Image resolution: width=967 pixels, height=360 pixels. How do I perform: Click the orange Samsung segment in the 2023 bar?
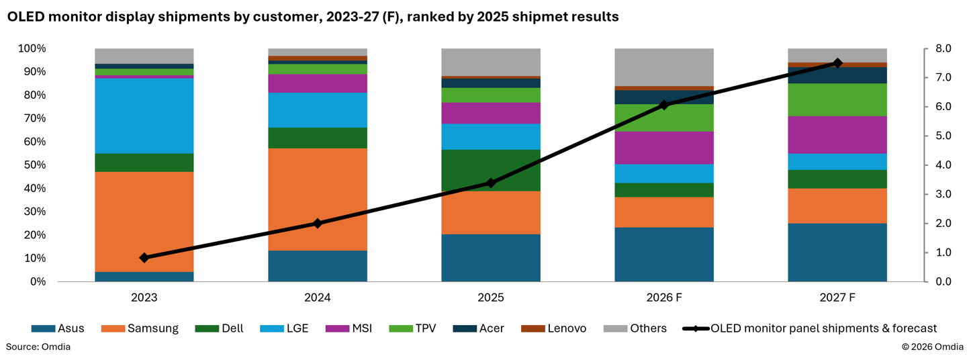pyautogui.click(x=144, y=222)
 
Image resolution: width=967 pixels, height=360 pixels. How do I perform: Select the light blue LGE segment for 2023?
pyautogui.click(x=144, y=116)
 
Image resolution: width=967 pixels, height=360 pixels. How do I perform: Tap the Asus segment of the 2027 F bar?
pyautogui.click(x=837, y=253)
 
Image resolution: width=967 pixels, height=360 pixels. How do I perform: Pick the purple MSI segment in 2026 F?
pyautogui.click(x=664, y=148)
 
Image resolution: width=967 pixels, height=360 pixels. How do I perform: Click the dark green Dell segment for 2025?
pyautogui.click(x=491, y=171)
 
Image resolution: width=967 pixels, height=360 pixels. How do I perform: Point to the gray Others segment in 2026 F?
pyautogui.click(x=664, y=67)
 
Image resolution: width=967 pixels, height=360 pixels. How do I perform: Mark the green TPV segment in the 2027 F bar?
pyautogui.click(x=837, y=99)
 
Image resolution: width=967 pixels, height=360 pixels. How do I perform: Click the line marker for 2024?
pyautogui.click(x=317, y=223)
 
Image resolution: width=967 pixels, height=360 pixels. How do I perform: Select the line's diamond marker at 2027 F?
pyautogui.click(x=837, y=63)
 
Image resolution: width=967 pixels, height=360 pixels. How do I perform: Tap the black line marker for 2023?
pyautogui.click(x=144, y=258)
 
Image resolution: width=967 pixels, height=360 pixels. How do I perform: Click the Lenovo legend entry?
pyautogui.click(x=554, y=328)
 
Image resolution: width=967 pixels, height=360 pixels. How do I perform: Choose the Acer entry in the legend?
pyautogui.click(x=478, y=328)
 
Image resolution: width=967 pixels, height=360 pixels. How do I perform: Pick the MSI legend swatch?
pyautogui.click(x=337, y=328)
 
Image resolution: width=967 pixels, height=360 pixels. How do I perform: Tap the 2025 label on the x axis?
pyautogui.click(x=491, y=298)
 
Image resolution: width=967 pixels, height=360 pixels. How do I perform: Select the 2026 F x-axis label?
pyautogui.click(x=664, y=298)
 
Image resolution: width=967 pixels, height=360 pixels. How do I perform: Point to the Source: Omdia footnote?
pyautogui.click(x=38, y=347)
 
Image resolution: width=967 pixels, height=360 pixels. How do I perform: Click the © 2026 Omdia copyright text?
pyautogui.click(x=932, y=347)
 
